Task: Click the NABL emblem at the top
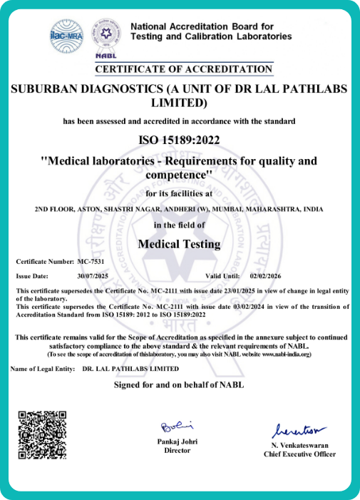pyautogui.click(x=107, y=38)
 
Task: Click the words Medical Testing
pyautogui.click(x=179, y=244)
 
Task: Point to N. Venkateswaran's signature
pyautogui.click(x=298, y=431)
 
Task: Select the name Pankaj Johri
pyautogui.click(x=178, y=442)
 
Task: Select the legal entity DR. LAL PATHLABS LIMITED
pyautogui.click(x=130, y=369)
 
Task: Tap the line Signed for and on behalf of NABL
pyautogui.click(x=179, y=386)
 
